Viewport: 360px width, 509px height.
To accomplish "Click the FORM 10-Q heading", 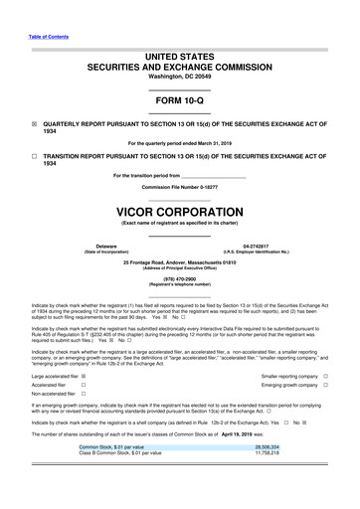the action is click(x=179, y=102).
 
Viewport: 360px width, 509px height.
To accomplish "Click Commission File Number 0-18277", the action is click(x=179, y=186).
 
